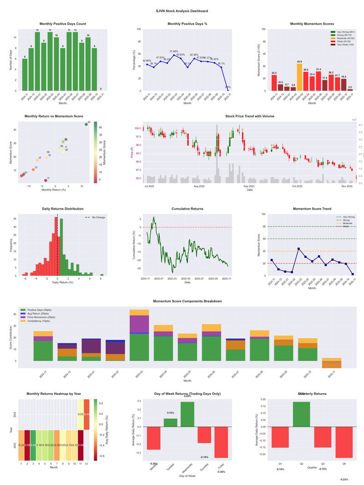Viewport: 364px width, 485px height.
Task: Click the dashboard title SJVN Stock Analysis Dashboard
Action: click(x=182, y=10)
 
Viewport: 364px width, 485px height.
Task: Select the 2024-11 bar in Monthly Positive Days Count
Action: click(x=25, y=75)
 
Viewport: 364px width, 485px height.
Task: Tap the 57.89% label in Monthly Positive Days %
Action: click(x=174, y=51)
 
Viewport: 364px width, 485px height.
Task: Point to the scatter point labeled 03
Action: click(x=86, y=124)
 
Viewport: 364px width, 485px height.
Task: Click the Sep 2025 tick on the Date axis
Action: click(x=249, y=186)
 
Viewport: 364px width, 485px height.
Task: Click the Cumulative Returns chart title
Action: click(x=187, y=209)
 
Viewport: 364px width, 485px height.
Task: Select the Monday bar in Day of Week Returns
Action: click(x=153, y=438)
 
